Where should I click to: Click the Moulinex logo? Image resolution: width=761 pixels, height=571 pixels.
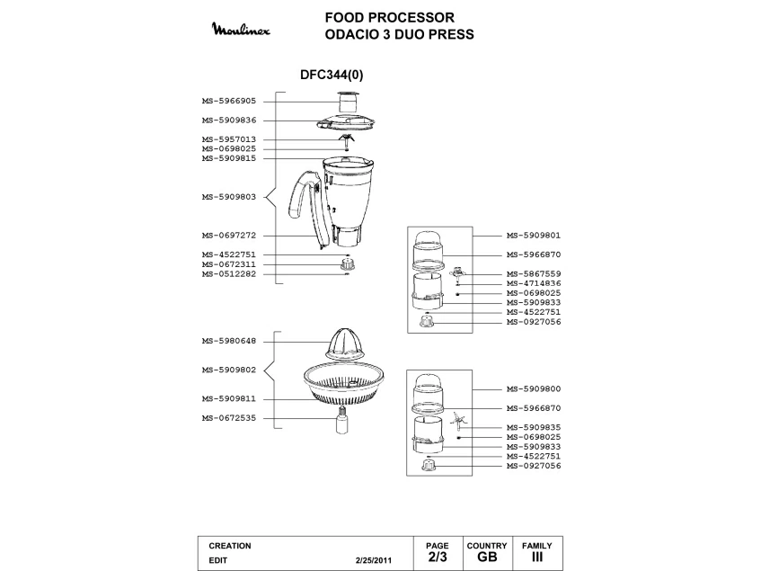[x=245, y=31]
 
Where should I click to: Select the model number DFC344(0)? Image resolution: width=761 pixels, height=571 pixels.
[x=332, y=76]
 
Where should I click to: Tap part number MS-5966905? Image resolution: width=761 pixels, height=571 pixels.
[x=228, y=102]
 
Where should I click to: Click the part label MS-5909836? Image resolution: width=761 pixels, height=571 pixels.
[x=228, y=120]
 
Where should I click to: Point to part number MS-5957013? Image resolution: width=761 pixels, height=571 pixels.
[x=228, y=139]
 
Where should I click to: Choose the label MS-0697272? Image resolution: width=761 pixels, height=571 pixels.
[x=228, y=236]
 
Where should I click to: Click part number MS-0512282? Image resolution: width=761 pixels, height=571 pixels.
[x=228, y=274]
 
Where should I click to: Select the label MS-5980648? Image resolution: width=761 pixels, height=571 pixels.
[x=228, y=341]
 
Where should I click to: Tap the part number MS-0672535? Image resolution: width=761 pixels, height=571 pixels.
[x=228, y=418]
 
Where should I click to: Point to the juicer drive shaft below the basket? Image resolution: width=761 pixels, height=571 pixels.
[x=342, y=422]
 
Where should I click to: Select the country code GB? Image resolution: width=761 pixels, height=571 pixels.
[x=486, y=558]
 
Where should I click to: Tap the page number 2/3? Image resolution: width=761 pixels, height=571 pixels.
[x=437, y=558]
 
